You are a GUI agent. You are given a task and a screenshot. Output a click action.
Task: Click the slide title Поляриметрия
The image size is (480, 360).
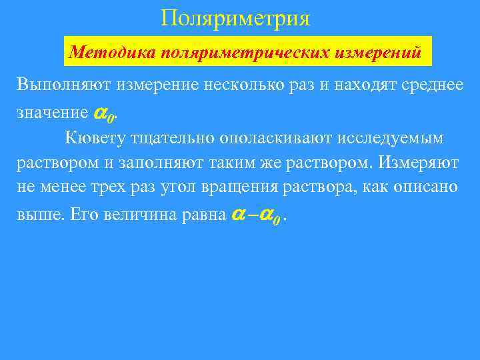tap(235, 17)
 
